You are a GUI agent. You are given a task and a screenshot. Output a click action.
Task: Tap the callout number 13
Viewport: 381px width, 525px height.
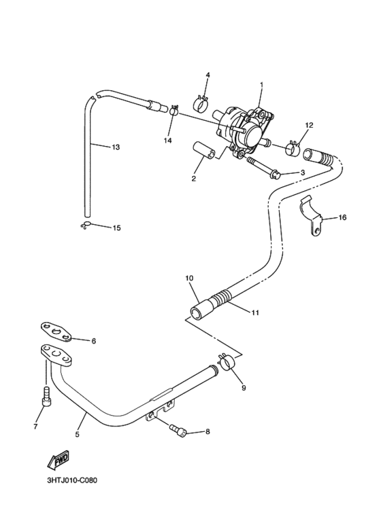click(x=115, y=147)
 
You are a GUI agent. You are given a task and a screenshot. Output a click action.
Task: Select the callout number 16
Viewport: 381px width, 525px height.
click(x=342, y=217)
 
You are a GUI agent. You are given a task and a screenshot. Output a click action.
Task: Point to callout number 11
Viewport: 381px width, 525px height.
click(x=255, y=313)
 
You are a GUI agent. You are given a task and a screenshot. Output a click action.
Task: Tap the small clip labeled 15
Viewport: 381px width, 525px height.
click(x=85, y=225)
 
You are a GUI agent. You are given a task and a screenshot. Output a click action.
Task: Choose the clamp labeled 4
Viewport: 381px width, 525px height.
click(x=202, y=103)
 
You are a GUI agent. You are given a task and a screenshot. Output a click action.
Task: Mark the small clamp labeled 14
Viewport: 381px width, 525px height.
click(x=174, y=111)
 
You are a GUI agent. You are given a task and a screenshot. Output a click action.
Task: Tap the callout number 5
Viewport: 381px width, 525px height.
click(x=77, y=434)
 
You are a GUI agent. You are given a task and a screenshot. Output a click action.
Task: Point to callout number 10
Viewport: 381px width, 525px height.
click(x=189, y=278)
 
